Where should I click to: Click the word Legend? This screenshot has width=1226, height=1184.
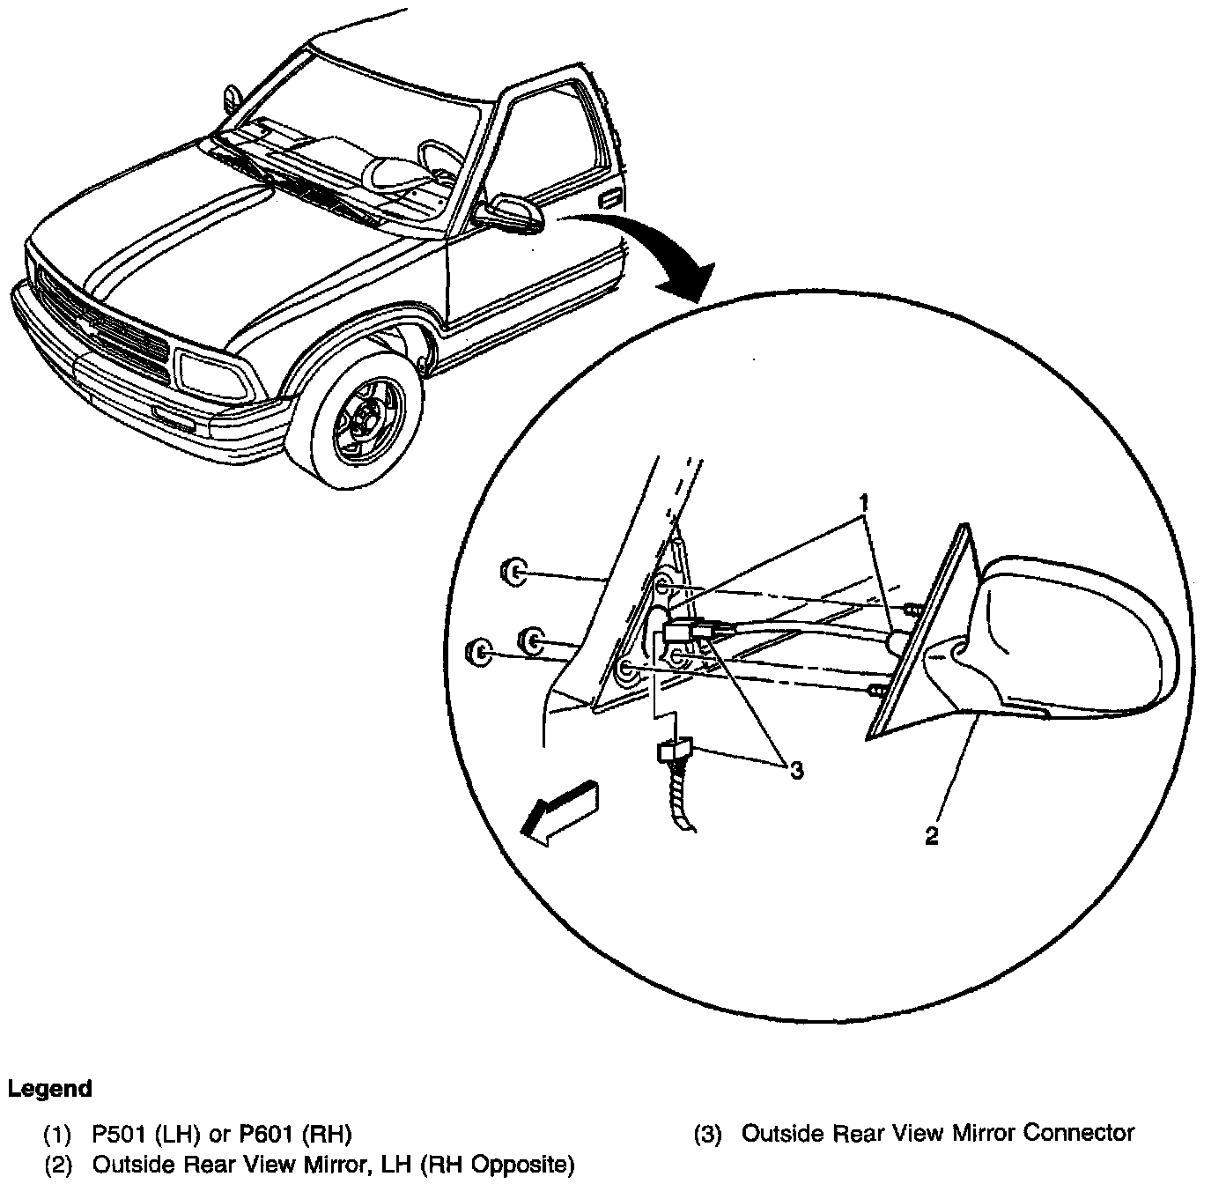point(50,1089)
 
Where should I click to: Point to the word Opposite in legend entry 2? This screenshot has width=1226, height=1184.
point(517,1166)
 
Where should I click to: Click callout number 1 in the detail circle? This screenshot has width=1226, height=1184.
point(865,503)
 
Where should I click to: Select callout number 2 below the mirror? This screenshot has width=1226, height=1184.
point(932,836)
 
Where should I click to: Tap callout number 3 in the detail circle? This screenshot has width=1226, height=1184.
point(796,771)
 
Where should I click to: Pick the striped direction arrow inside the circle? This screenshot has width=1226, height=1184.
point(559,811)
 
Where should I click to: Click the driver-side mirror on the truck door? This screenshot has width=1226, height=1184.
point(510,214)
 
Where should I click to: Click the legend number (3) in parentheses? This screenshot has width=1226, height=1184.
point(708,1134)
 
